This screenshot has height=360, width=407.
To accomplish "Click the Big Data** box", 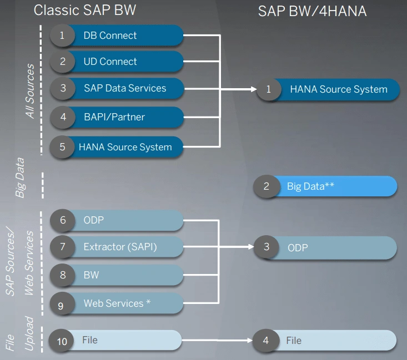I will click(333, 186).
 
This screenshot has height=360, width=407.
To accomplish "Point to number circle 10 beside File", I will click(62, 341).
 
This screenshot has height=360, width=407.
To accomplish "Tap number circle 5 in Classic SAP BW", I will click(63, 147).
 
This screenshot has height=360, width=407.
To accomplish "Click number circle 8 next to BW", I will click(63, 275).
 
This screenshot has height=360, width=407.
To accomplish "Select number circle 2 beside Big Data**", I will click(266, 186).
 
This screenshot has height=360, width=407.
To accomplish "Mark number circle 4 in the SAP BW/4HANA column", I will click(265, 340).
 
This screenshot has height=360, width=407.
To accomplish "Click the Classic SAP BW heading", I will click(85, 11).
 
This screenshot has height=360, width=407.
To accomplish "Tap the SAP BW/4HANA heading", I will click(312, 11).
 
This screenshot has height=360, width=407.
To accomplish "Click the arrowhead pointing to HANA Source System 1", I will click(253, 89).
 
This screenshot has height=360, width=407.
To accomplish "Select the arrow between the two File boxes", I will click(217, 340).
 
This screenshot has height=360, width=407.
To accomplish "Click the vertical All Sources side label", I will click(31, 92).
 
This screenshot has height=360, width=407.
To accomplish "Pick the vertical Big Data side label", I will click(20, 178).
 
